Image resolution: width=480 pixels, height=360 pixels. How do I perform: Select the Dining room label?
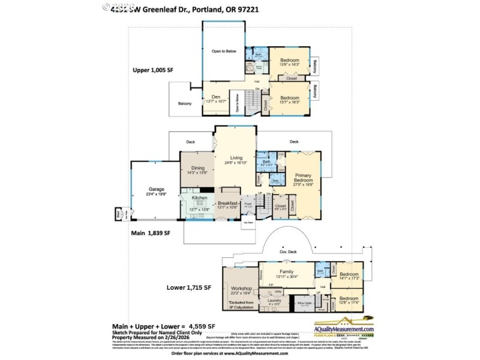coord(198,169)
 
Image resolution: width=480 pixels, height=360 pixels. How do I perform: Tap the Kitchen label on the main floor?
coord(199,198)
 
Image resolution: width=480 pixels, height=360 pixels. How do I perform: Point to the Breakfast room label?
coord(227,204)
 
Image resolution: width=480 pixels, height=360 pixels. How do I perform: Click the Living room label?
coord(236,158)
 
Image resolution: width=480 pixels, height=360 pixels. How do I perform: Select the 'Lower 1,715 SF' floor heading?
coord(189,288)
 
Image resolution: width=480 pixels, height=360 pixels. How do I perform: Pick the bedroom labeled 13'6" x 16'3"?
coord(289,60)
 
